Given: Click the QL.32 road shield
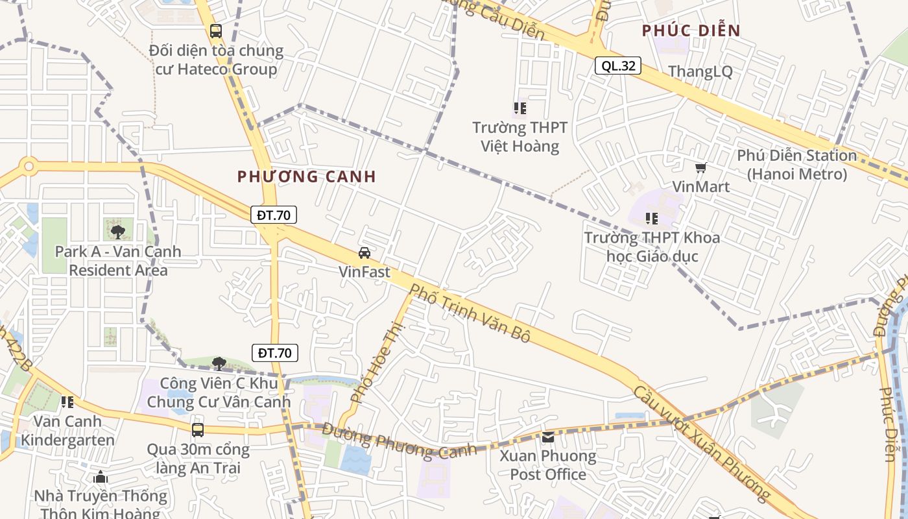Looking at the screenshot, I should [x=618, y=66].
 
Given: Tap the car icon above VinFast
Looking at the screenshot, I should [x=364, y=252].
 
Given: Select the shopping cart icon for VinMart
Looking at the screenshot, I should [x=700, y=168].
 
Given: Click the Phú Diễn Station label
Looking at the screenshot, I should [x=796, y=165].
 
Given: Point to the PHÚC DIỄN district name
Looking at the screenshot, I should [x=691, y=30].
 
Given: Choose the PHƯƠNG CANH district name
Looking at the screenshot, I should [x=307, y=176].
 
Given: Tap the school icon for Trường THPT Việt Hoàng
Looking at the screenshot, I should [x=520, y=108].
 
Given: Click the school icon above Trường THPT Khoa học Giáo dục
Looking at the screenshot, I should [x=652, y=219].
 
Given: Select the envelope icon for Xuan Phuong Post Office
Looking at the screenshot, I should [x=548, y=437].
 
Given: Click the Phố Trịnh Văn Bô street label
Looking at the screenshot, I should [x=470, y=315].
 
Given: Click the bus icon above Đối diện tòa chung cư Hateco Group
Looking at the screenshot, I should [x=216, y=30].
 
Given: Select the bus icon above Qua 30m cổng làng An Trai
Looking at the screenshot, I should [x=198, y=429].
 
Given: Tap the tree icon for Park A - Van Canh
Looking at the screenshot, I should [x=117, y=232].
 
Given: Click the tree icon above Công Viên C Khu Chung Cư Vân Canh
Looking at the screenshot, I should [x=219, y=363].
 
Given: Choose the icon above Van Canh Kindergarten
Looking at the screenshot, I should [x=67, y=402].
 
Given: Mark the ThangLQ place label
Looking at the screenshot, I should [x=700, y=71].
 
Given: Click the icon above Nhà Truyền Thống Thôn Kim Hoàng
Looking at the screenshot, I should [x=100, y=477].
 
